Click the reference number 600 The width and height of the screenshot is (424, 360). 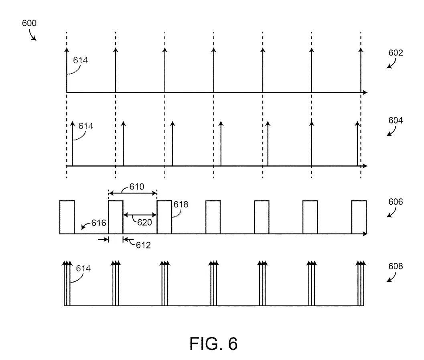point(29,23)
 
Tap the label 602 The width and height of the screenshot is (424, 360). point(396,53)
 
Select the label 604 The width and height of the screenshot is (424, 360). point(396,120)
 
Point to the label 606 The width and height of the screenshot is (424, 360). point(396,201)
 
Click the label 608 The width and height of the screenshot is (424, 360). point(396,266)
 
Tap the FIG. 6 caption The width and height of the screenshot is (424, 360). point(213,344)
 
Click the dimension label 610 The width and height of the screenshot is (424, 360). point(136,186)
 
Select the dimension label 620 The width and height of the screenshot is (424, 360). point(144,222)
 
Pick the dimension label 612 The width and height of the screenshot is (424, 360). point(143,245)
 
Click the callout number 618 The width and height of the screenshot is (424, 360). point(181,204)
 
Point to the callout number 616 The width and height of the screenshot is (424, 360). point(99,223)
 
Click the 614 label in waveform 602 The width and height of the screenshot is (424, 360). point(80,60)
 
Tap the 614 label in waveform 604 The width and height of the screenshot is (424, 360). point(85,126)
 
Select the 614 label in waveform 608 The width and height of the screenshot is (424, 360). point(83,268)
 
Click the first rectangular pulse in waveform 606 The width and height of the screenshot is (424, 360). point(67,217)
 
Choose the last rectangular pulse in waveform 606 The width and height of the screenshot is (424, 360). point(359,217)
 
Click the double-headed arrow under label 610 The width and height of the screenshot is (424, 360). point(132,193)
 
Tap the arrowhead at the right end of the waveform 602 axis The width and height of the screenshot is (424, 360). point(365,92)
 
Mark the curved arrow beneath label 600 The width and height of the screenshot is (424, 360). point(32,35)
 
